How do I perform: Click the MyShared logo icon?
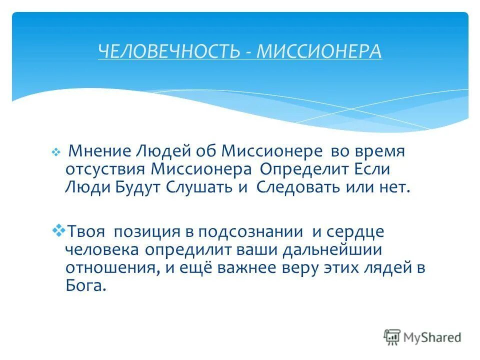point(392,337)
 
